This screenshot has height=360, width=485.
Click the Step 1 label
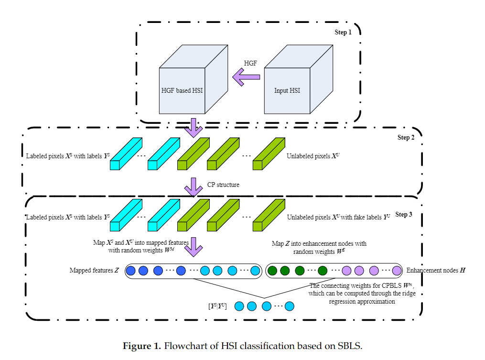click(x=343, y=33)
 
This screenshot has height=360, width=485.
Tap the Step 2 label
click(x=406, y=138)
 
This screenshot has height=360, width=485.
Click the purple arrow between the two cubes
click(x=246, y=76)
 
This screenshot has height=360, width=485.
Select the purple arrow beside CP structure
click(x=194, y=186)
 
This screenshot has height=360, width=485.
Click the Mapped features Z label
click(x=94, y=271)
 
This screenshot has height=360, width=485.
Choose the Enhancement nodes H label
click(x=436, y=271)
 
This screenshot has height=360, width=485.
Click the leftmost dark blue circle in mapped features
click(x=130, y=271)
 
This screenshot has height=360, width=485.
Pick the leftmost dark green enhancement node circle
click(x=273, y=271)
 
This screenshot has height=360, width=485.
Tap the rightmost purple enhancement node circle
click(x=397, y=271)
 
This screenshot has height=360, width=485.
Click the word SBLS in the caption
click(x=350, y=346)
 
